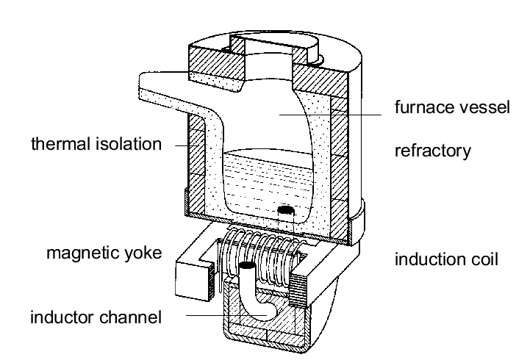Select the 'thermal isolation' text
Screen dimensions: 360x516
tap(96, 143)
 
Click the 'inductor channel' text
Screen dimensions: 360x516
tap(96, 317)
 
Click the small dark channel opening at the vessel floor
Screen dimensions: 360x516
tap(287, 212)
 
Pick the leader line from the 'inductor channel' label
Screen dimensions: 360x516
tap(213, 316)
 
